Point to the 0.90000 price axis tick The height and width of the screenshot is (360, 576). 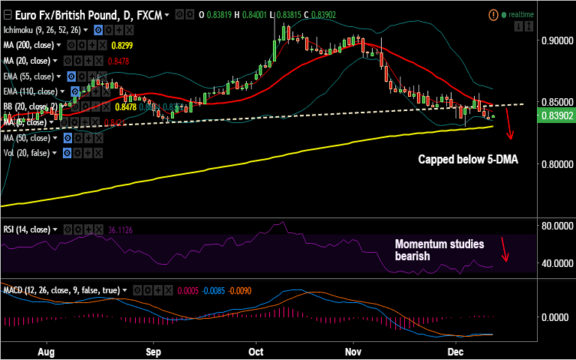click(x=556, y=40)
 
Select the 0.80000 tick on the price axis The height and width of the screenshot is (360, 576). click(x=556, y=164)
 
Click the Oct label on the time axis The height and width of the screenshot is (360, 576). click(x=256, y=350)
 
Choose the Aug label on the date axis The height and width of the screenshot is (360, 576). click(x=46, y=350)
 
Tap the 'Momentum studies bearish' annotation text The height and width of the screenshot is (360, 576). click(x=439, y=250)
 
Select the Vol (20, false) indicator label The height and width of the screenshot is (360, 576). click(x=27, y=153)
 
